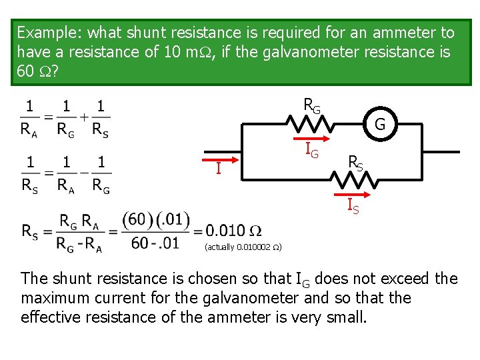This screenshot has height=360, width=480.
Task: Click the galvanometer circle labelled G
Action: pos(379,124)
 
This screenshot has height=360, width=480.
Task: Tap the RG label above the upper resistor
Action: pos(311,105)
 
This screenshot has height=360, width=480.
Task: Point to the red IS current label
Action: pos(353,206)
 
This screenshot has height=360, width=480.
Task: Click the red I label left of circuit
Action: pos(218,169)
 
